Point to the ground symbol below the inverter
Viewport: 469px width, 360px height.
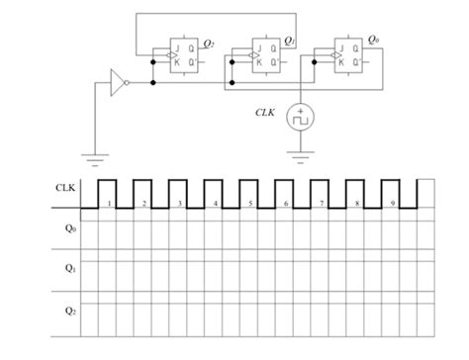(95, 155)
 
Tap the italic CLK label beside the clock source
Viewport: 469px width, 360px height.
(265, 112)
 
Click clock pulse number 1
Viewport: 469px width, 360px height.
(108, 192)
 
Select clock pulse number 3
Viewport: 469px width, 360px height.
(179, 192)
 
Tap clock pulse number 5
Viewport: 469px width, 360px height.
(250, 192)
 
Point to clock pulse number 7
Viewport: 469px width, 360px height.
(322, 192)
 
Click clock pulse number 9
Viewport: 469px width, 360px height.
(393, 192)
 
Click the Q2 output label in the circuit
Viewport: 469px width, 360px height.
(208, 43)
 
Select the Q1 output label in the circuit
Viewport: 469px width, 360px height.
(289, 41)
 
